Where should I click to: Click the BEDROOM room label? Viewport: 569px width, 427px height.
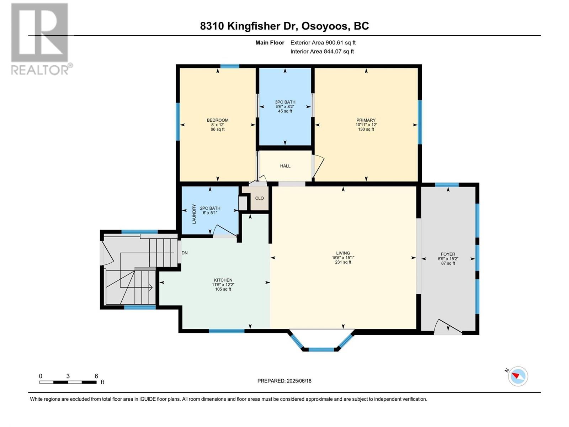tap(218, 120)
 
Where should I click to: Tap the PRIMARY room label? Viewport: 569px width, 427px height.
tap(366, 120)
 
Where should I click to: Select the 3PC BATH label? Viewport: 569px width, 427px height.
tap(285, 102)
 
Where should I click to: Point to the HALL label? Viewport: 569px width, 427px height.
tap(285, 166)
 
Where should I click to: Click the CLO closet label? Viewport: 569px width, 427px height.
tap(260, 198)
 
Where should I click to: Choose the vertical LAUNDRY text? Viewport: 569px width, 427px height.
tap(194, 214)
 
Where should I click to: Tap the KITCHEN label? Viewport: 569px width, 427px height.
tap(223, 280)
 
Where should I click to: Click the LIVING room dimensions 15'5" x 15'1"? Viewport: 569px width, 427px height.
tap(343, 258)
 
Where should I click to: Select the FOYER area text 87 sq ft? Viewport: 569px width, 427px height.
tap(448, 263)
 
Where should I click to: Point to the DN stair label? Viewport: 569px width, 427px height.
tap(185, 253)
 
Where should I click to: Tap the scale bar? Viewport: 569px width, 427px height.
tap(68, 382)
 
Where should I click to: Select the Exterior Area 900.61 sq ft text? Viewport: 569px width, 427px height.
tap(323, 42)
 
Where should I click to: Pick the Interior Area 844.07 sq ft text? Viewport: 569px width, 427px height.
tap(322, 51)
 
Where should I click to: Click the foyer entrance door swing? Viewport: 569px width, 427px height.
tap(448, 326)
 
